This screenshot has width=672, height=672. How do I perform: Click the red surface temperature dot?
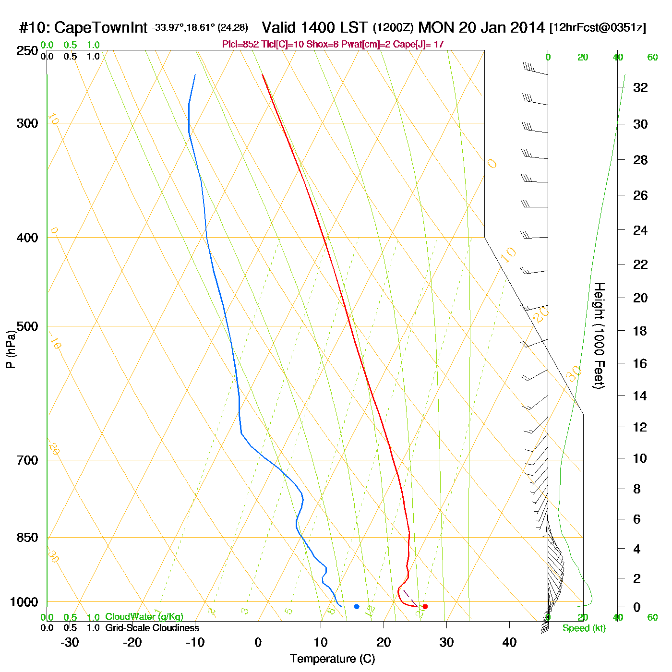[425, 607]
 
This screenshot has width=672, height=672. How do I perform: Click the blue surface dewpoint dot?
[357, 607]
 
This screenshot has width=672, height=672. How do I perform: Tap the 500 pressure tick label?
[27, 326]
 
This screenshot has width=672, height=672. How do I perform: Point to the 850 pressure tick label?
[27, 538]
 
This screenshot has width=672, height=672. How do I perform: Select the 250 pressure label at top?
[27, 51]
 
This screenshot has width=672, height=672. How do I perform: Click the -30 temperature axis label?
[70, 642]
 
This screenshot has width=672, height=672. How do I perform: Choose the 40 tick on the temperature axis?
[509, 642]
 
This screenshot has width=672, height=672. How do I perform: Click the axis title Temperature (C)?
[332, 659]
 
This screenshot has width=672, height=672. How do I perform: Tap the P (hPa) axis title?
[11, 349]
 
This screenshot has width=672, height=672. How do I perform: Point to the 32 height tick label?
[640, 87]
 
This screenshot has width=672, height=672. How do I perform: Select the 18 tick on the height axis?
[640, 331]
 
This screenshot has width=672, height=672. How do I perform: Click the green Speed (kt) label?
[584, 628]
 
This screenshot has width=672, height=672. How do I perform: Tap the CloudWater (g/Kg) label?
[144, 617]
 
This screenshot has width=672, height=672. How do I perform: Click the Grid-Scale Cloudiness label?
[152, 628]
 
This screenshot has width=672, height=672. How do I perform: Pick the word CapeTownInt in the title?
[100, 28]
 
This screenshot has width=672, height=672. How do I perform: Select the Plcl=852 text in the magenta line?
[240, 45]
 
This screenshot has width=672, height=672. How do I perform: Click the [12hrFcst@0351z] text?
[598, 28]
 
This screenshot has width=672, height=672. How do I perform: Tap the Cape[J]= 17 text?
[419, 45]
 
